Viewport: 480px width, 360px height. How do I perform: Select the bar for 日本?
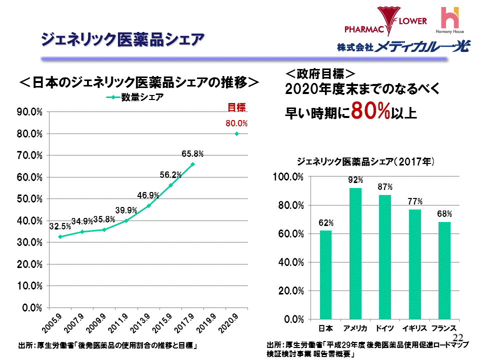click(x=325, y=274)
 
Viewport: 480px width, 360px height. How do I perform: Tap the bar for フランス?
click(x=444, y=270)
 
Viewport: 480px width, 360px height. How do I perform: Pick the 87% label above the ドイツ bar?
click(x=385, y=187)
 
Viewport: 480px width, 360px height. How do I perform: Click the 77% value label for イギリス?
click(x=415, y=201)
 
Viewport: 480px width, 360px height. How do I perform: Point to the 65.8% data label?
click(x=192, y=153)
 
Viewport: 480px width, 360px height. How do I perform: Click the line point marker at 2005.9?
click(x=60, y=236)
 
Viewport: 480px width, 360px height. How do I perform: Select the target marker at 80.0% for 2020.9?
click(x=236, y=133)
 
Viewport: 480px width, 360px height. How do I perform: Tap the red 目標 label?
click(x=236, y=106)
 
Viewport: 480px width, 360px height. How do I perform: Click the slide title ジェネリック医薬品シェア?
click(x=122, y=39)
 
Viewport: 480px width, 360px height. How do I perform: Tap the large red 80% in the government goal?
click(x=370, y=111)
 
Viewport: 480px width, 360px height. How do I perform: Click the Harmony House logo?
click(x=450, y=20)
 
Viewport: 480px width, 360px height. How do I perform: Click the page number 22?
click(x=459, y=338)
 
